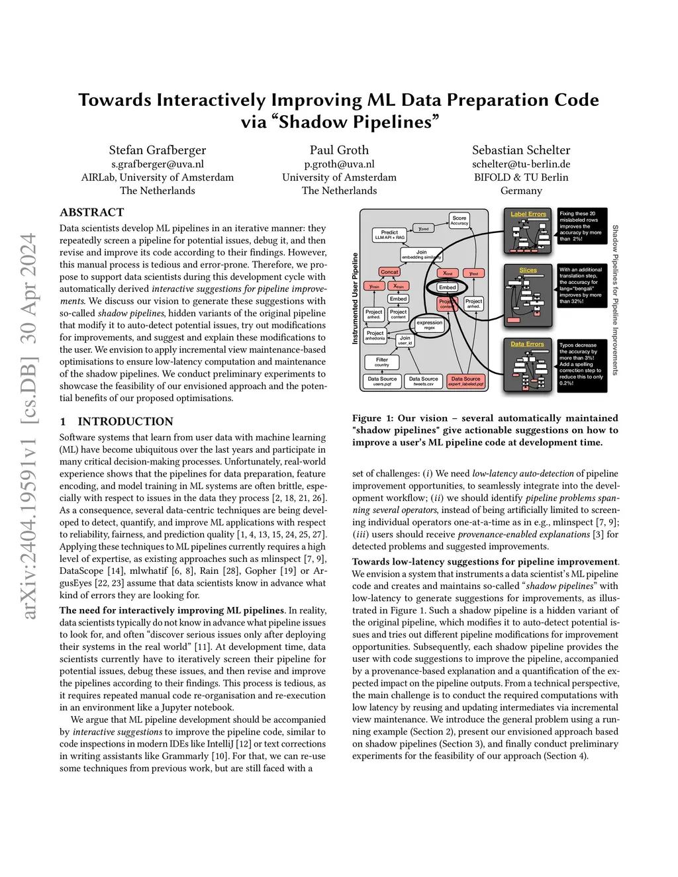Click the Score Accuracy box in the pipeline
(459, 220)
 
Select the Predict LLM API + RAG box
(389, 235)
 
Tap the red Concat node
(389, 272)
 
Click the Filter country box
(382, 362)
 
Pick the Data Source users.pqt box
(382, 381)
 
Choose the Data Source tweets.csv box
(423, 381)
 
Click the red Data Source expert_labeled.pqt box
(465, 381)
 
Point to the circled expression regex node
(429, 325)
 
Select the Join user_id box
(405, 340)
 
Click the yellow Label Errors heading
(528, 214)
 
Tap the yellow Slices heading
(528, 271)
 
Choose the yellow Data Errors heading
(527, 344)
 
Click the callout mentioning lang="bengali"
(581, 285)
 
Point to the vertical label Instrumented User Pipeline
(355, 298)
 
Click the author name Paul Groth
(339, 150)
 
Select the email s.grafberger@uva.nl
(158, 164)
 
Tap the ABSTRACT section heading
(92, 212)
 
